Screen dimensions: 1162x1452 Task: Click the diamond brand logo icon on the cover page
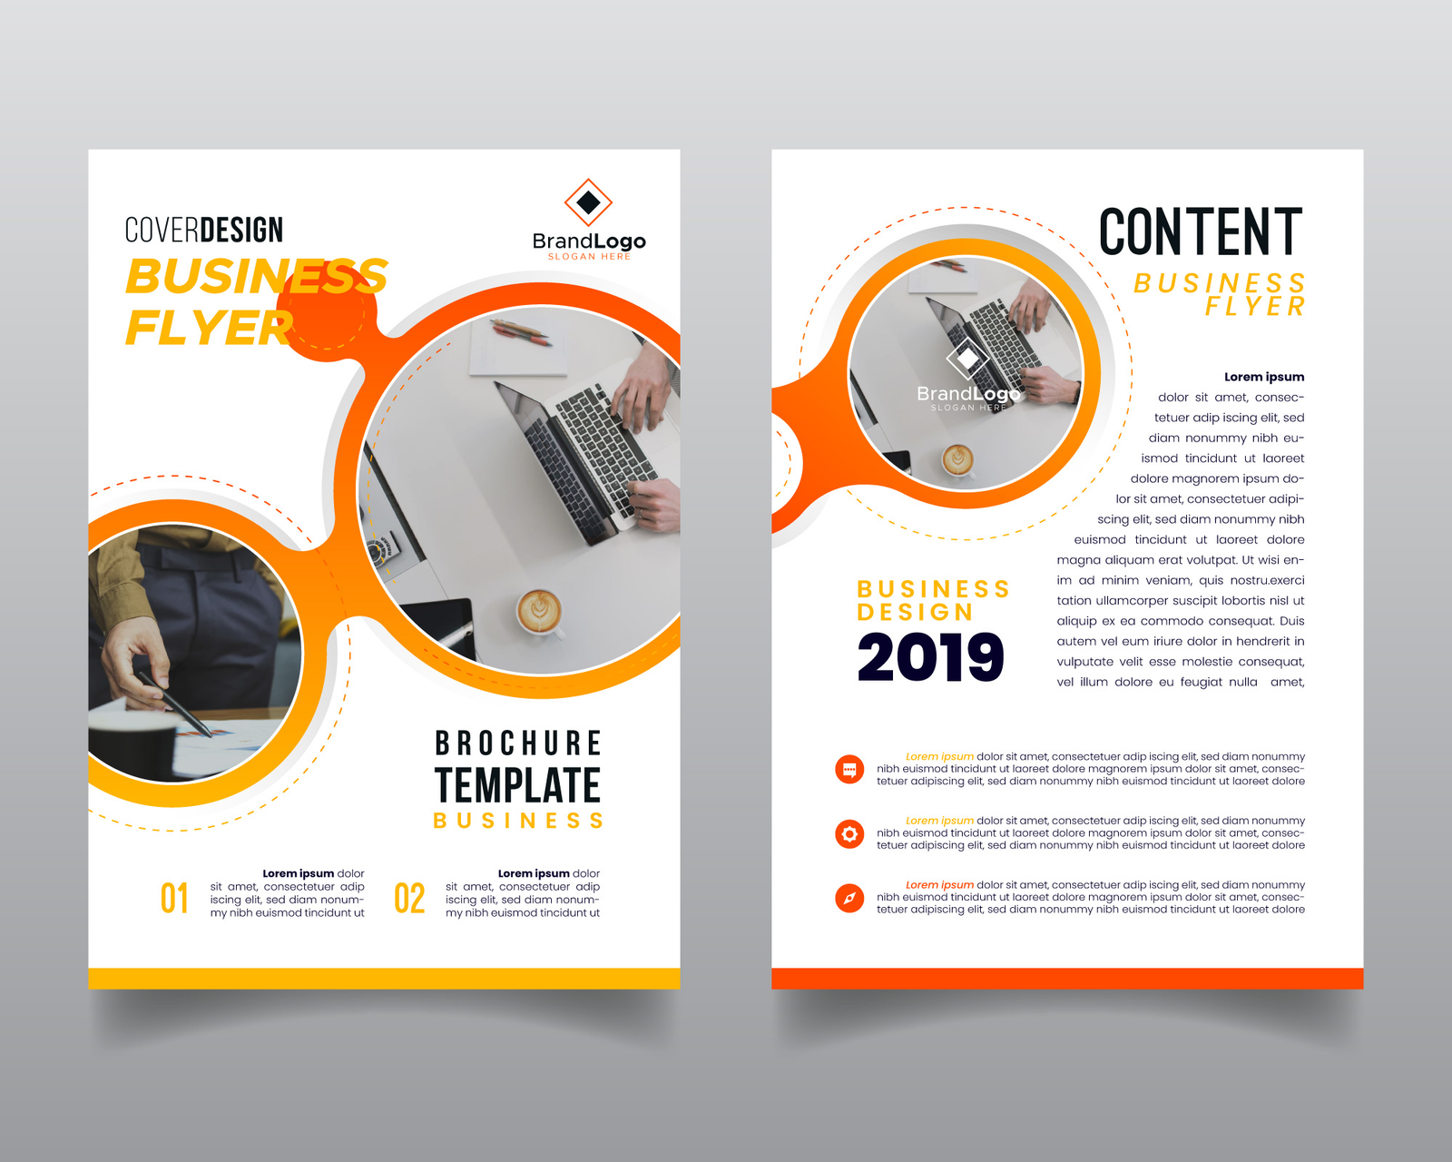pos(588,202)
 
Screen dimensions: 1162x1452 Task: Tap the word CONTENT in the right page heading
pos(1200,232)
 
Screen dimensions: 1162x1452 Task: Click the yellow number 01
pos(174,899)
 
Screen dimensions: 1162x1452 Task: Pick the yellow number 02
pos(409,899)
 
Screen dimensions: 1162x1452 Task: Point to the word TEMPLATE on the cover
pos(517,786)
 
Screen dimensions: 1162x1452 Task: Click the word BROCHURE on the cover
pos(517,743)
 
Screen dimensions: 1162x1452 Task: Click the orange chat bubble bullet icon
pos(849,770)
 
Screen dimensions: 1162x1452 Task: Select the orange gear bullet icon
pos(849,833)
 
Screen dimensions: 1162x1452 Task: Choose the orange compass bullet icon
pos(849,898)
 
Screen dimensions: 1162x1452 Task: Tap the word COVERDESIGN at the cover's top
pos(203,231)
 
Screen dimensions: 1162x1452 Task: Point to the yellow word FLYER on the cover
pos(209,329)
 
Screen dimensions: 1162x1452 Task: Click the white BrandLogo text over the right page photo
pos(967,394)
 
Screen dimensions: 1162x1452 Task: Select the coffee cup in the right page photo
pos(957,459)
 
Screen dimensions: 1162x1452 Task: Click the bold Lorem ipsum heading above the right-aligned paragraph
pos(1263,377)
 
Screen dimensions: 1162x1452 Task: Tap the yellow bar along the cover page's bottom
pos(384,978)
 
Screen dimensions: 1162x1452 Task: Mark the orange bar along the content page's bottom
pos(1067,978)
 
